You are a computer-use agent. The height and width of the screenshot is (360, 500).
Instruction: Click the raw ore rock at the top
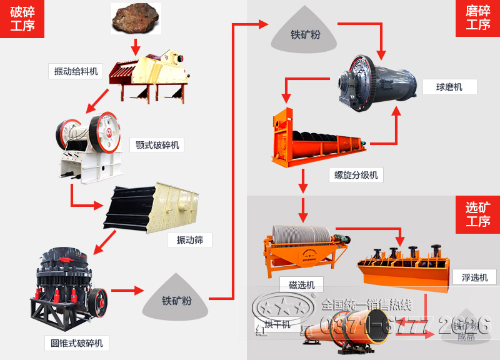(x=136, y=18)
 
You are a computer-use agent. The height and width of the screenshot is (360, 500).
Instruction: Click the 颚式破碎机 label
(x=157, y=146)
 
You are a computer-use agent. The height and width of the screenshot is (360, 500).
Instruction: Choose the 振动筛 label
(x=189, y=239)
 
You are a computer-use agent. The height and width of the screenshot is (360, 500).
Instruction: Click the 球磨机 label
(x=449, y=87)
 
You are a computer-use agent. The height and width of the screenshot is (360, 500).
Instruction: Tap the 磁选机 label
(x=302, y=285)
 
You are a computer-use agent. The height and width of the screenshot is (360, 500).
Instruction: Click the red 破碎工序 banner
(x=22, y=19)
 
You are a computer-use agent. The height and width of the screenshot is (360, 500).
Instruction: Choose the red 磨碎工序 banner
(x=478, y=19)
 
